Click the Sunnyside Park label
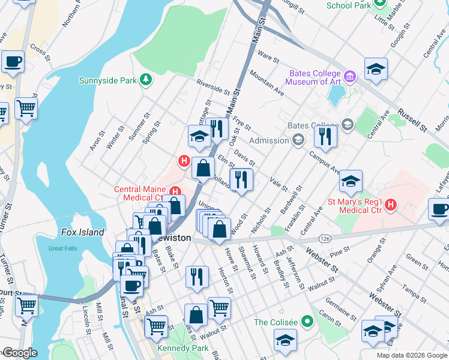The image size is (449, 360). click(x=108, y=80)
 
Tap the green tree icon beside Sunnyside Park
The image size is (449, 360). click(x=145, y=80)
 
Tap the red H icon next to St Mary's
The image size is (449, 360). click(x=391, y=205)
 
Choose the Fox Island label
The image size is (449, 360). click(x=83, y=232)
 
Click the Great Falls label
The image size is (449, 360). click(x=64, y=248)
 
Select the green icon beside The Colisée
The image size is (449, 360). click(x=309, y=322)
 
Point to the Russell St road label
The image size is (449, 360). click(x=414, y=119)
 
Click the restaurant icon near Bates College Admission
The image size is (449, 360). click(x=325, y=136)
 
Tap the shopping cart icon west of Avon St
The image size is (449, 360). click(x=26, y=109)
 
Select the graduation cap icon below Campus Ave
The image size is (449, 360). click(x=351, y=181)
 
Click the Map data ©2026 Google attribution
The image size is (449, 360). click(x=411, y=355)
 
